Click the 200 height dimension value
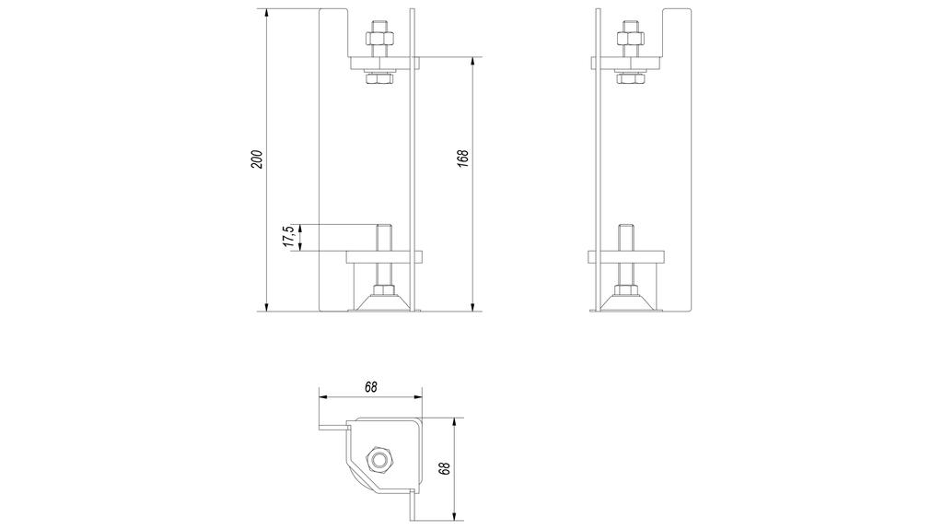[258, 159]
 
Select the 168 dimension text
[463, 159]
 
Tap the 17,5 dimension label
[288, 237]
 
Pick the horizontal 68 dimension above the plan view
[370, 387]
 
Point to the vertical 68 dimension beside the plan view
[445, 467]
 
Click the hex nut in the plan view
[378, 460]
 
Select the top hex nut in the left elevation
[380, 40]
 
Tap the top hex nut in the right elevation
[630, 40]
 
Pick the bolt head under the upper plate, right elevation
[630, 80]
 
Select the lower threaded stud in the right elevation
[623, 236]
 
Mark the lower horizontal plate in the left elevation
[384, 256]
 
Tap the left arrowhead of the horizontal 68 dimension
[323, 397]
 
